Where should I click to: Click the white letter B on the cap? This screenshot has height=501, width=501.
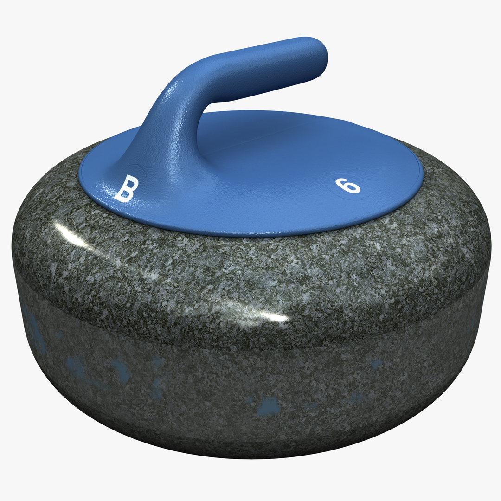[126, 189]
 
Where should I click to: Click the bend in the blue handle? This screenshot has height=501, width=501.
[186, 86]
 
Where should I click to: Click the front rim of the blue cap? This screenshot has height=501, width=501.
[250, 234]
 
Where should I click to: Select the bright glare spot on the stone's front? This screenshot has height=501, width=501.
[269, 315]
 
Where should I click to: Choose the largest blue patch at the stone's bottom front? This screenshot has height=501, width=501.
[270, 406]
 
